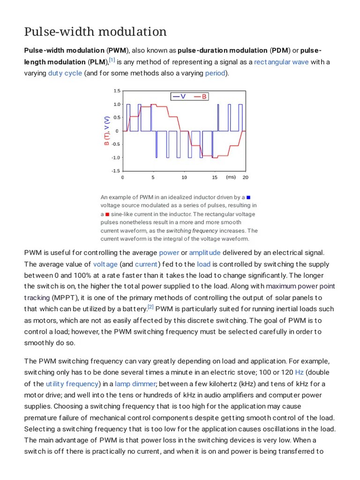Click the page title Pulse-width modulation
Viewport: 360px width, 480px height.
[x=95, y=32]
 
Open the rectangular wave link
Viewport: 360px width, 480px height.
[x=281, y=62]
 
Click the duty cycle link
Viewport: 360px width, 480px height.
[x=65, y=73]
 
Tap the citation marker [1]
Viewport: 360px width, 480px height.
[x=112, y=60]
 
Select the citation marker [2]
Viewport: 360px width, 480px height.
[x=150, y=307]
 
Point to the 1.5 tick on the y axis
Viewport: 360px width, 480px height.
[x=117, y=91]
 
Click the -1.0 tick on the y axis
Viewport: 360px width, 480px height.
[x=115, y=157]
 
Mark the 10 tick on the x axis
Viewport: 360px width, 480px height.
[x=184, y=178]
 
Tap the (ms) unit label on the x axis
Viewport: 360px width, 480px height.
[x=231, y=177]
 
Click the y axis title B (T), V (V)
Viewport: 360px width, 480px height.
[x=107, y=131]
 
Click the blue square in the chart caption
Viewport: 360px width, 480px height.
[x=248, y=197]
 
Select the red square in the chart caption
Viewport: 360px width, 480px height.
[x=107, y=214]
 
